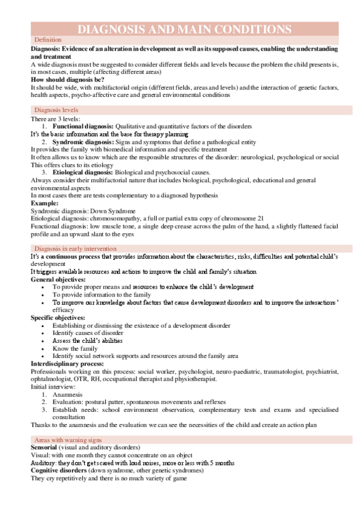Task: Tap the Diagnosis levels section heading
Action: pos(56,110)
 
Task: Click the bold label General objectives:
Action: pos(58,280)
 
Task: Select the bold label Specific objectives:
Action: pos(58,318)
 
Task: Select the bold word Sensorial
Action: pos(44,449)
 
